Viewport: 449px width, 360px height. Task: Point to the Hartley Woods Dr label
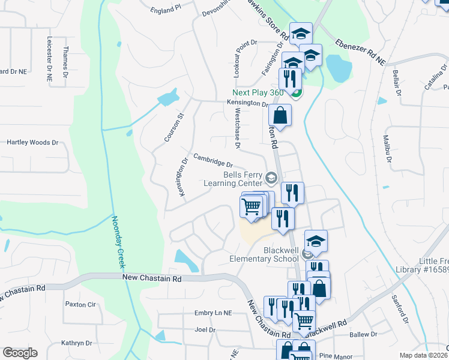[x=32, y=143]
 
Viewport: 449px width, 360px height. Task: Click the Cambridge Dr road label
[x=212, y=163]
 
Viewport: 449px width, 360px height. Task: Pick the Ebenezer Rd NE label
[x=360, y=52]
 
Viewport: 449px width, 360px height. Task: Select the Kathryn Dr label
[x=76, y=343]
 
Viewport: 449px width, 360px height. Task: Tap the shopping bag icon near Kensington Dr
[x=280, y=114]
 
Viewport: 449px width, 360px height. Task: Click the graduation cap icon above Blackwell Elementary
[x=316, y=241]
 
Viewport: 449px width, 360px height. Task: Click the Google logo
[x=20, y=353]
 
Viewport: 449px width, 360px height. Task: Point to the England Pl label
[x=166, y=10]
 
